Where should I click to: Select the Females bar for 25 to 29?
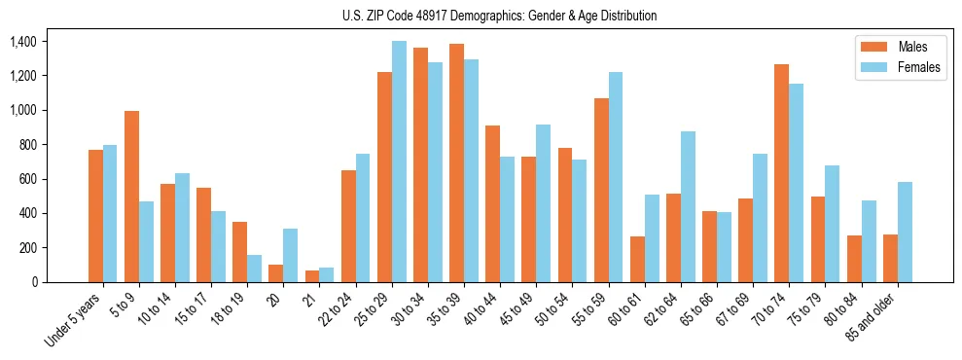(399, 162)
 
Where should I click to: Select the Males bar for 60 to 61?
(637, 259)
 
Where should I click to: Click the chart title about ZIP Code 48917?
(499, 16)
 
